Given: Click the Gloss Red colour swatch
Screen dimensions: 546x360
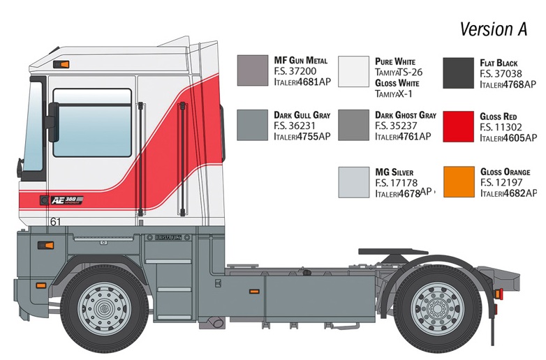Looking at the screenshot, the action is pos(458,126).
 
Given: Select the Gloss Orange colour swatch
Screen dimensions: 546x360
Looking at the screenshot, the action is pos(459,182).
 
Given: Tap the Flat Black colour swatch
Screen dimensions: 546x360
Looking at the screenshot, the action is pos(458,73).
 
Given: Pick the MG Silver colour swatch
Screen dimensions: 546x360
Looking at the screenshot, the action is pos(354,182).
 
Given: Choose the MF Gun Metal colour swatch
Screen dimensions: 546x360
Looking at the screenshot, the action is pos(253,70).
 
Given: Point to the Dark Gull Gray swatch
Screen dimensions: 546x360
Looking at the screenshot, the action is pos(253,125).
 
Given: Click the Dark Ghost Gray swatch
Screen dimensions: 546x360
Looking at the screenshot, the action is pos(353,125).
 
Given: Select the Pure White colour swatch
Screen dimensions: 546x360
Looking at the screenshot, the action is pos(353,71).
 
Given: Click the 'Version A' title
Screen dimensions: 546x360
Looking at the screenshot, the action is pos(494,29).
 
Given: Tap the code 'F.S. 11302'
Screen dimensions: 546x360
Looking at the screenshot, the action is pos(501,127).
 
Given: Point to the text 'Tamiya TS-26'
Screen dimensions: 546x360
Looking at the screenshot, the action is pos(399,73).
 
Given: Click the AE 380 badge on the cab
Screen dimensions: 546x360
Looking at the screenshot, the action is pos(66,200).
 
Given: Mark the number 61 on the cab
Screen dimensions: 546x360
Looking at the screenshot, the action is pos(55,222).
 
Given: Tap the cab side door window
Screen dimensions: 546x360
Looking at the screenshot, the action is pos(92,123).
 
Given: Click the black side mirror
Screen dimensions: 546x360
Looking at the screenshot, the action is pos(53,122).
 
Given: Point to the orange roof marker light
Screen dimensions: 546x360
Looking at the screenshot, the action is pos(61,64).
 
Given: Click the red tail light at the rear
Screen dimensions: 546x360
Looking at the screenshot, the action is pos(499,294).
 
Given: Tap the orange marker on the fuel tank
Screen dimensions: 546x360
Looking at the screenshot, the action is pos(254,291).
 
